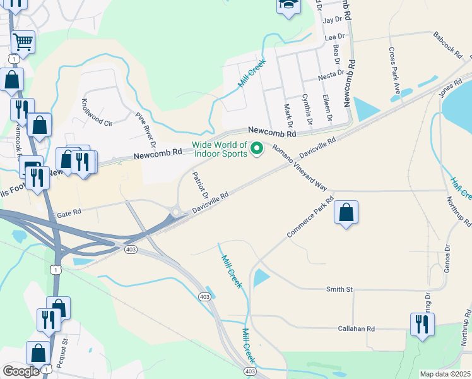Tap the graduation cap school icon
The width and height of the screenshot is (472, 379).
tap(287, 6)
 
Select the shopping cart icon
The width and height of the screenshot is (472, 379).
tap(23, 42)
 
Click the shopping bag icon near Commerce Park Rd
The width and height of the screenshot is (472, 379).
tap(346, 212)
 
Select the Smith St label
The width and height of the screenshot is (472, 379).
tap(339, 289)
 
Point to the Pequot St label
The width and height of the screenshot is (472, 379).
tap(65, 351)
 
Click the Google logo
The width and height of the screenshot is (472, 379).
tap(21, 371)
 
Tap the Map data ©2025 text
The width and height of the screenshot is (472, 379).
tap(445, 374)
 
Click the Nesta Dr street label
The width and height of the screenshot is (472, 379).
tap(330, 76)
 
